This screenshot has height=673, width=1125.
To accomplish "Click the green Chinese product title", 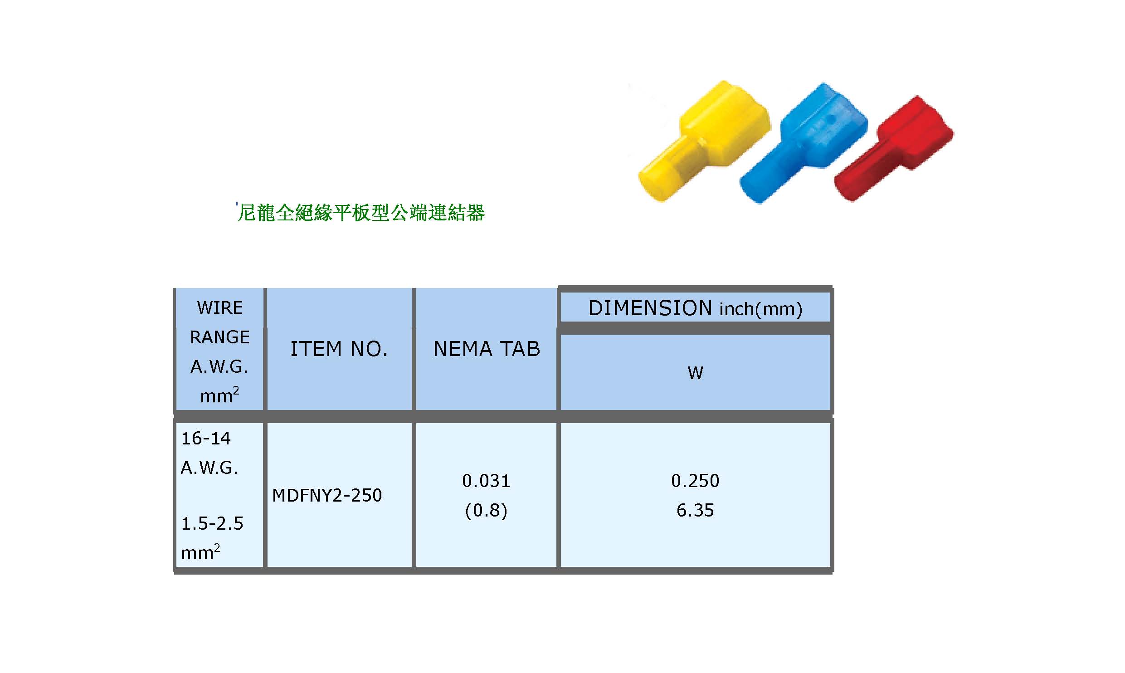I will [x=361, y=213].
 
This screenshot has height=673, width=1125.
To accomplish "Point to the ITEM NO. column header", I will [x=339, y=349].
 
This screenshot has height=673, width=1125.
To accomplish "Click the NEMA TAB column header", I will [x=487, y=349].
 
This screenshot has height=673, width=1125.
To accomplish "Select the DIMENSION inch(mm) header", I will [x=695, y=308].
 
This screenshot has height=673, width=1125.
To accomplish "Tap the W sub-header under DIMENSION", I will [x=695, y=373].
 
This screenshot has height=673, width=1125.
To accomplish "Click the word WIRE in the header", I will [x=220, y=308].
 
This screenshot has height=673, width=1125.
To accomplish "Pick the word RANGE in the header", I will [x=220, y=337].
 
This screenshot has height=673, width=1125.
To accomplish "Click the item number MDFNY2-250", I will [x=327, y=495].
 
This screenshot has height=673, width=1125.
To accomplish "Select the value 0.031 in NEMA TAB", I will [x=486, y=481].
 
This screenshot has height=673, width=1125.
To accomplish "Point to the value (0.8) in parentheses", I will [x=486, y=511].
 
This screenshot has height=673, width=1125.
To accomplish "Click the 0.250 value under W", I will [x=695, y=481].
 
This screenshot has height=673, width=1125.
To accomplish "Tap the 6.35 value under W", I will [x=695, y=511].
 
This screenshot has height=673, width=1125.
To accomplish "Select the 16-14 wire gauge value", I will [x=206, y=439].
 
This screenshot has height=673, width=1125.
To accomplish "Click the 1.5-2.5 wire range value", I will [x=212, y=524].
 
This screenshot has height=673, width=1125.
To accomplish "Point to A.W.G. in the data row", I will [x=209, y=468].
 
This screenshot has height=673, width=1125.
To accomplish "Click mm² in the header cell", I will [x=219, y=395].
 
